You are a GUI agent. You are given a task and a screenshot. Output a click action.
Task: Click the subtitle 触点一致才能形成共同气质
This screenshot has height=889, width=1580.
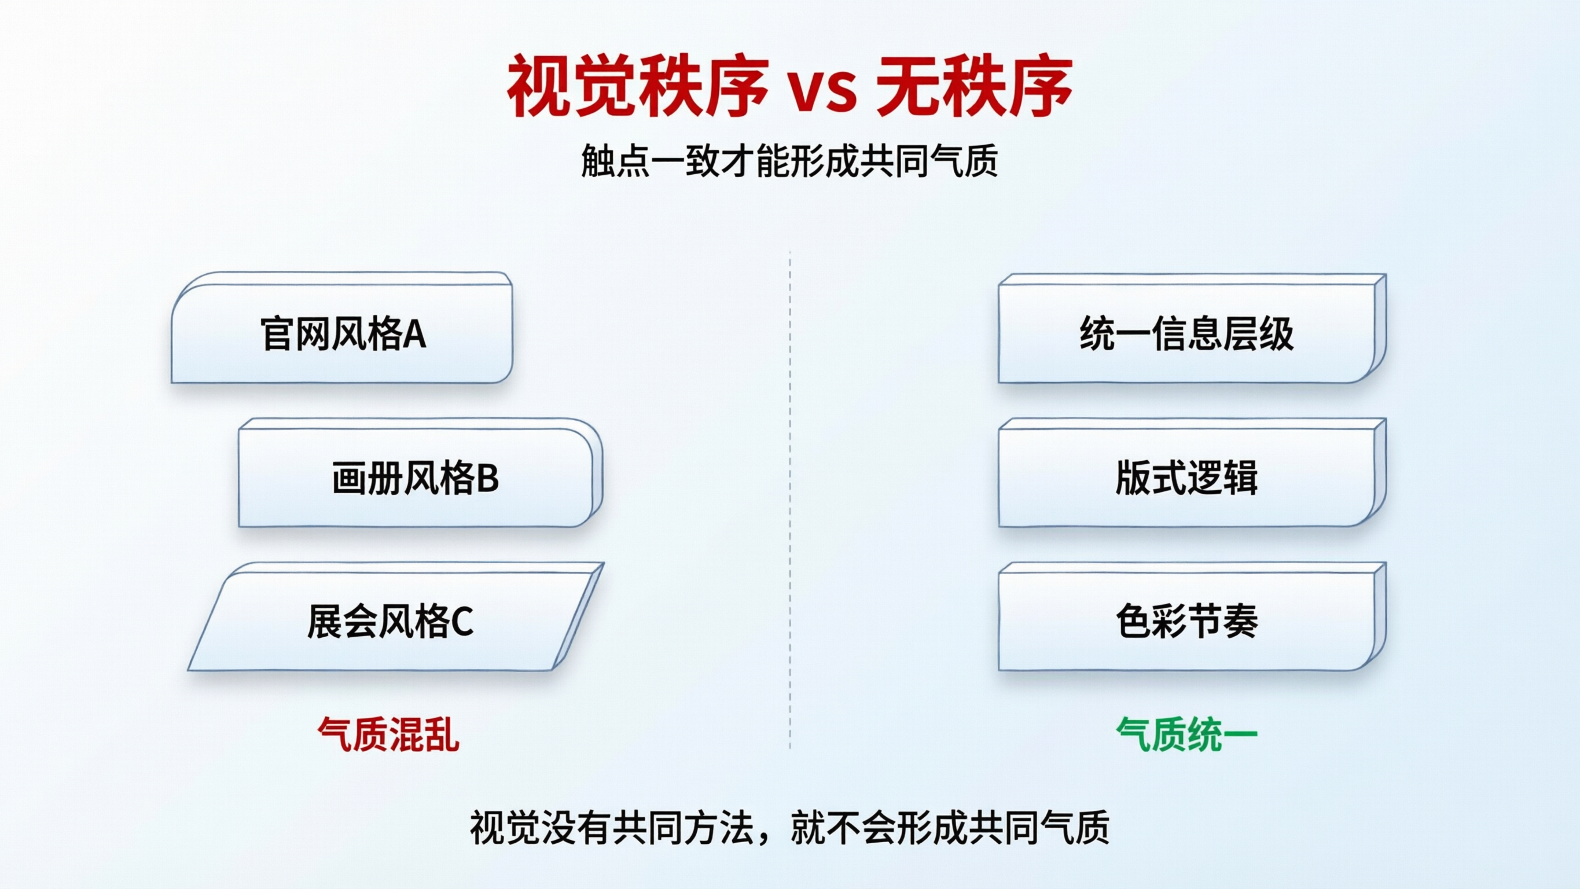point(789,161)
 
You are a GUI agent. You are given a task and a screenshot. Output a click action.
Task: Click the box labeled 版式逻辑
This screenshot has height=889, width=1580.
point(1187,477)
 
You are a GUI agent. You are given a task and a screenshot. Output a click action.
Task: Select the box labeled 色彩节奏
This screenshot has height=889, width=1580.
point(1187,620)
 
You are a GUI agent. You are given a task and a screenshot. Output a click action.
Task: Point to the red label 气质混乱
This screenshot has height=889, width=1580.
point(388,734)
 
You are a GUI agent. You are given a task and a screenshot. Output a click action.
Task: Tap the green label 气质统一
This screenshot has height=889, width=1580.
point(1187,734)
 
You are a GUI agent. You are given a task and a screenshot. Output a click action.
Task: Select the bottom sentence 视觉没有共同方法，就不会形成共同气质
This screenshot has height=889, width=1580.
point(789,826)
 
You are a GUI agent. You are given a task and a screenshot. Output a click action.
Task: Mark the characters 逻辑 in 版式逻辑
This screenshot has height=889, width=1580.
point(1222,477)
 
